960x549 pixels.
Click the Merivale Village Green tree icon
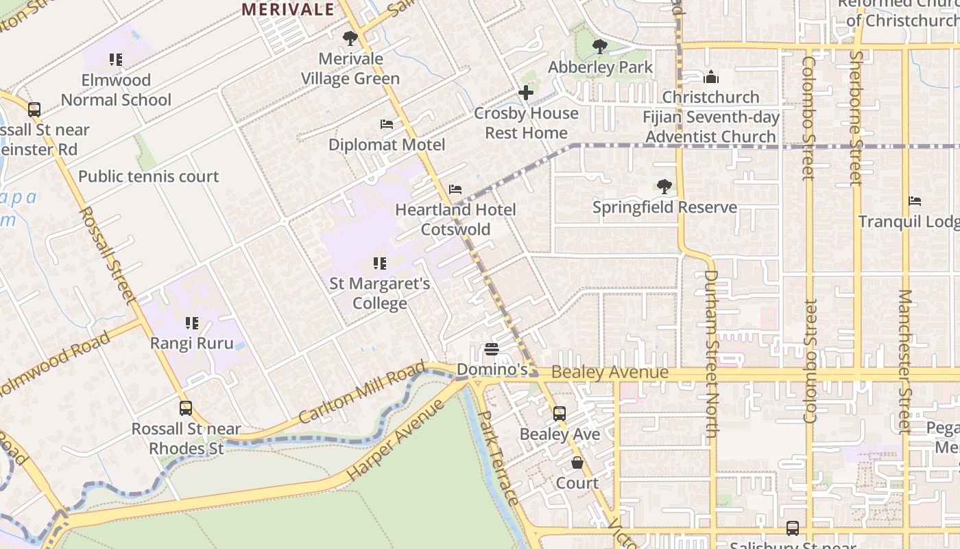pyautogui.click(x=350, y=38)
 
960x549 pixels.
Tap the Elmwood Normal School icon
pyautogui.click(x=116, y=60)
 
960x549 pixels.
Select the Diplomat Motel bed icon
pyautogui.click(x=387, y=124)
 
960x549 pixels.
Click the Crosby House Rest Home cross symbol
pyautogui.click(x=526, y=93)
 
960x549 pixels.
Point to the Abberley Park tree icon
pyautogui.click(x=600, y=47)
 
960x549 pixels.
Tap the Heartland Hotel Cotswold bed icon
pyautogui.click(x=455, y=189)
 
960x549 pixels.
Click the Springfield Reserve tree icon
pyautogui.click(x=664, y=186)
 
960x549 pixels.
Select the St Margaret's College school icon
pyautogui.click(x=379, y=263)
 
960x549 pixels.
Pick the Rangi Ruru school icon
pyautogui.click(x=192, y=323)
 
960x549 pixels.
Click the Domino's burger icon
pyautogui.click(x=492, y=349)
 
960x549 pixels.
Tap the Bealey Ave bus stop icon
pyautogui.click(x=560, y=413)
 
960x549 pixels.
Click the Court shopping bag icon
pyautogui.click(x=577, y=463)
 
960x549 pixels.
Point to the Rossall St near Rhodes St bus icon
pyautogui.click(x=186, y=408)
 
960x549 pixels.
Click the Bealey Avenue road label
pyautogui.click(x=610, y=373)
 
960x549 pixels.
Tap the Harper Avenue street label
pyautogui.click(x=396, y=440)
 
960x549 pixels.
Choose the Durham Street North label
pyautogui.click(x=710, y=353)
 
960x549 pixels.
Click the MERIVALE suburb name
pyautogui.click(x=289, y=10)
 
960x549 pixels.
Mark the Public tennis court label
pyautogui.click(x=148, y=176)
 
